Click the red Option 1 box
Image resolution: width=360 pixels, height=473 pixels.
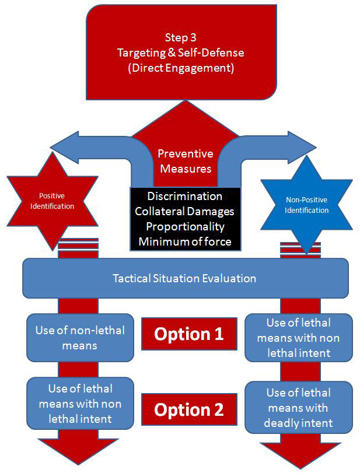(x=188, y=334)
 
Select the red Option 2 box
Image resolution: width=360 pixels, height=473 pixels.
(x=188, y=409)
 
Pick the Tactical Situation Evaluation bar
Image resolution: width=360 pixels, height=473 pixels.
(x=184, y=278)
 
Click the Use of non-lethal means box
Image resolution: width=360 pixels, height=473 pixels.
(x=80, y=338)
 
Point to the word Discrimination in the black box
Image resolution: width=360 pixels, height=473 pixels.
(x=184, y=196)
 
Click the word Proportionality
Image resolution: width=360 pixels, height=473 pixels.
(x=184, y=226)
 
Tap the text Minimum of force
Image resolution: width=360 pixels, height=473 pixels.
(x=184, y=240)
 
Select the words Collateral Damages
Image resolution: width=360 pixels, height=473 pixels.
(x=184, y=211)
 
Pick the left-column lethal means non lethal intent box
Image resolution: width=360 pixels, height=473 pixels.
(x=80, y=403)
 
